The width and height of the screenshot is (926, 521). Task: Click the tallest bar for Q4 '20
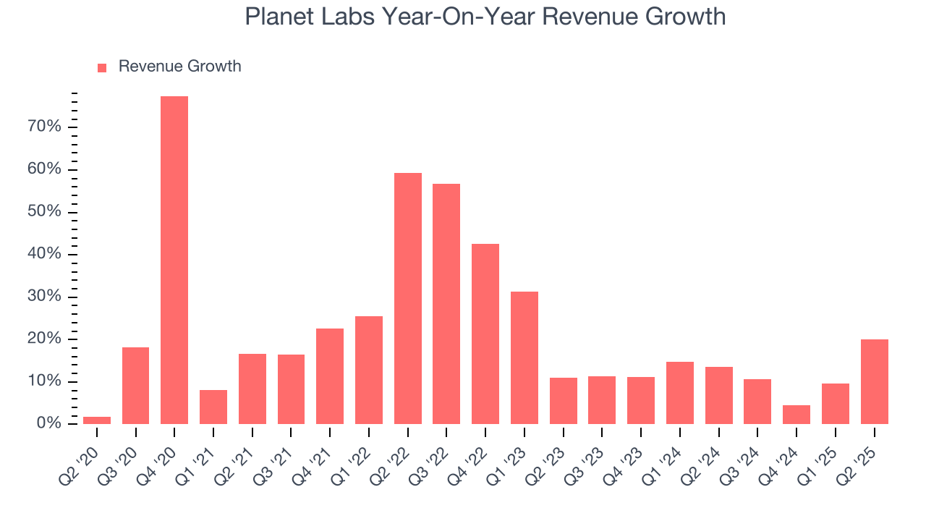coord(174,260)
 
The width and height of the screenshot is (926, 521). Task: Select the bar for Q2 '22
coord(408,298)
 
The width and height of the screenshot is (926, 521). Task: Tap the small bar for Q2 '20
coord(97,420)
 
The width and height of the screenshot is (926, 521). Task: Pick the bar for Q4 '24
coord(797,415)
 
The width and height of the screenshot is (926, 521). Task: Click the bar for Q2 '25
coord(874,381)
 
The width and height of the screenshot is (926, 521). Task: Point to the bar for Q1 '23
coord(524,357)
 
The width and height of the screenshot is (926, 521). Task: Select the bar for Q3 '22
coord(446,304)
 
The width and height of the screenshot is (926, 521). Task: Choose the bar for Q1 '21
coord(213,407)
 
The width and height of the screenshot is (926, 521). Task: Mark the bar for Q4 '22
coord(485,334)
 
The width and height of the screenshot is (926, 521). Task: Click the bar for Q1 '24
coord(680,393)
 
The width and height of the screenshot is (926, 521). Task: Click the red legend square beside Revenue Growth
coord(102,67)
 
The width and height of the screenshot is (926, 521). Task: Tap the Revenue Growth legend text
coord(179,67)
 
